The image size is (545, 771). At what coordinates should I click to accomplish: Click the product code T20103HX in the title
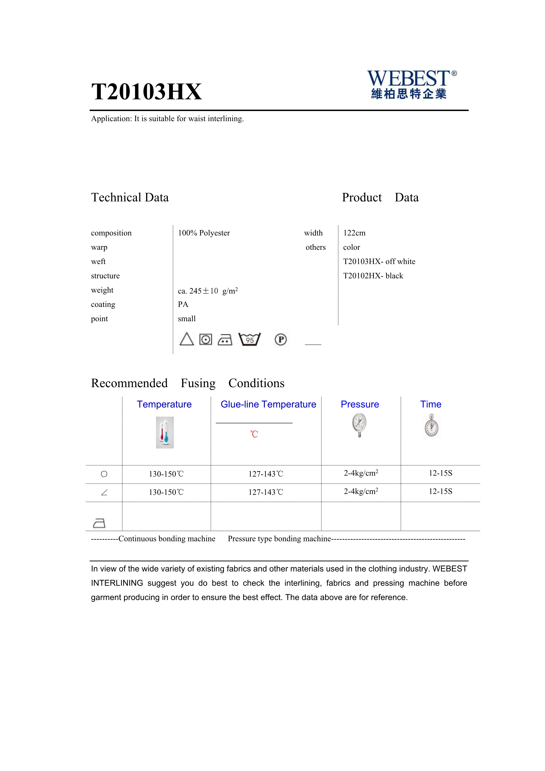point(146,92)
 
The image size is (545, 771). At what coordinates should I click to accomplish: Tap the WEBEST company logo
point(411,84)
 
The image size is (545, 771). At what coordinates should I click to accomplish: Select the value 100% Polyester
point(204,233)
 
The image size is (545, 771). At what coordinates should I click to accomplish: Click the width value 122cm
point(354,233)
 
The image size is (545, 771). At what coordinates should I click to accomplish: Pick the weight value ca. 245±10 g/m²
point(208,291)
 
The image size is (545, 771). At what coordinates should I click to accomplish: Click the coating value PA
point(183,304)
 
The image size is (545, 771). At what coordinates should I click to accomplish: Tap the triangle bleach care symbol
point(187,339)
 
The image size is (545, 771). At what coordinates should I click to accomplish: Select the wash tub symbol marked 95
point(249,339)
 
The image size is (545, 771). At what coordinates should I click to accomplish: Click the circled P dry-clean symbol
point(281,339)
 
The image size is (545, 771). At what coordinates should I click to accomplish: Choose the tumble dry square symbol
point(206,339)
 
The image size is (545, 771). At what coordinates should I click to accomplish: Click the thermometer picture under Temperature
point(165,432)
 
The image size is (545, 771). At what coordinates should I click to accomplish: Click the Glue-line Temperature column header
point(268,404)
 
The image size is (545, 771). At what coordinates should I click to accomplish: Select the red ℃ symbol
point(254,434)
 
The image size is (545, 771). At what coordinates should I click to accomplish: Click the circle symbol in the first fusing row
point(104,474)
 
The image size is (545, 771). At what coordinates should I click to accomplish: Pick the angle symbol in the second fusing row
point(104,493)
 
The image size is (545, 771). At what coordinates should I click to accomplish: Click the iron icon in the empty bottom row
point(99,523)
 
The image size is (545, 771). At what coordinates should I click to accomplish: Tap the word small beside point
point(187,319)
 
